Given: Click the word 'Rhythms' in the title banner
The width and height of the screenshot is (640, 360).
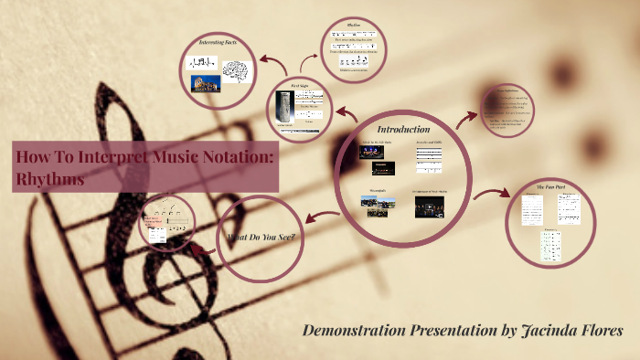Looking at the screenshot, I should [50, 180].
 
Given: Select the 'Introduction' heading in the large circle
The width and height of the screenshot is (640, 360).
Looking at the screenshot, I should [403, 129].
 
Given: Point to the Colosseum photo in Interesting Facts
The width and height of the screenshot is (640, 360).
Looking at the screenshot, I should [206, 83].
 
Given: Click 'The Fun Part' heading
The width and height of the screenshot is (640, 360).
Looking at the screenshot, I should [551, 186].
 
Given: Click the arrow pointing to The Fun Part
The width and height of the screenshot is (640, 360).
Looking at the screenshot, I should [493, 193].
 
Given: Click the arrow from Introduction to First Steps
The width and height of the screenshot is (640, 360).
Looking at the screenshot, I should [347, 114].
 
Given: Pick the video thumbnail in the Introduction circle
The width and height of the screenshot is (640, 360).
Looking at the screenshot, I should [429, 206].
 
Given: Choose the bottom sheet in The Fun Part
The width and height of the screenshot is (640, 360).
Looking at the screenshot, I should [550, 244].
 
